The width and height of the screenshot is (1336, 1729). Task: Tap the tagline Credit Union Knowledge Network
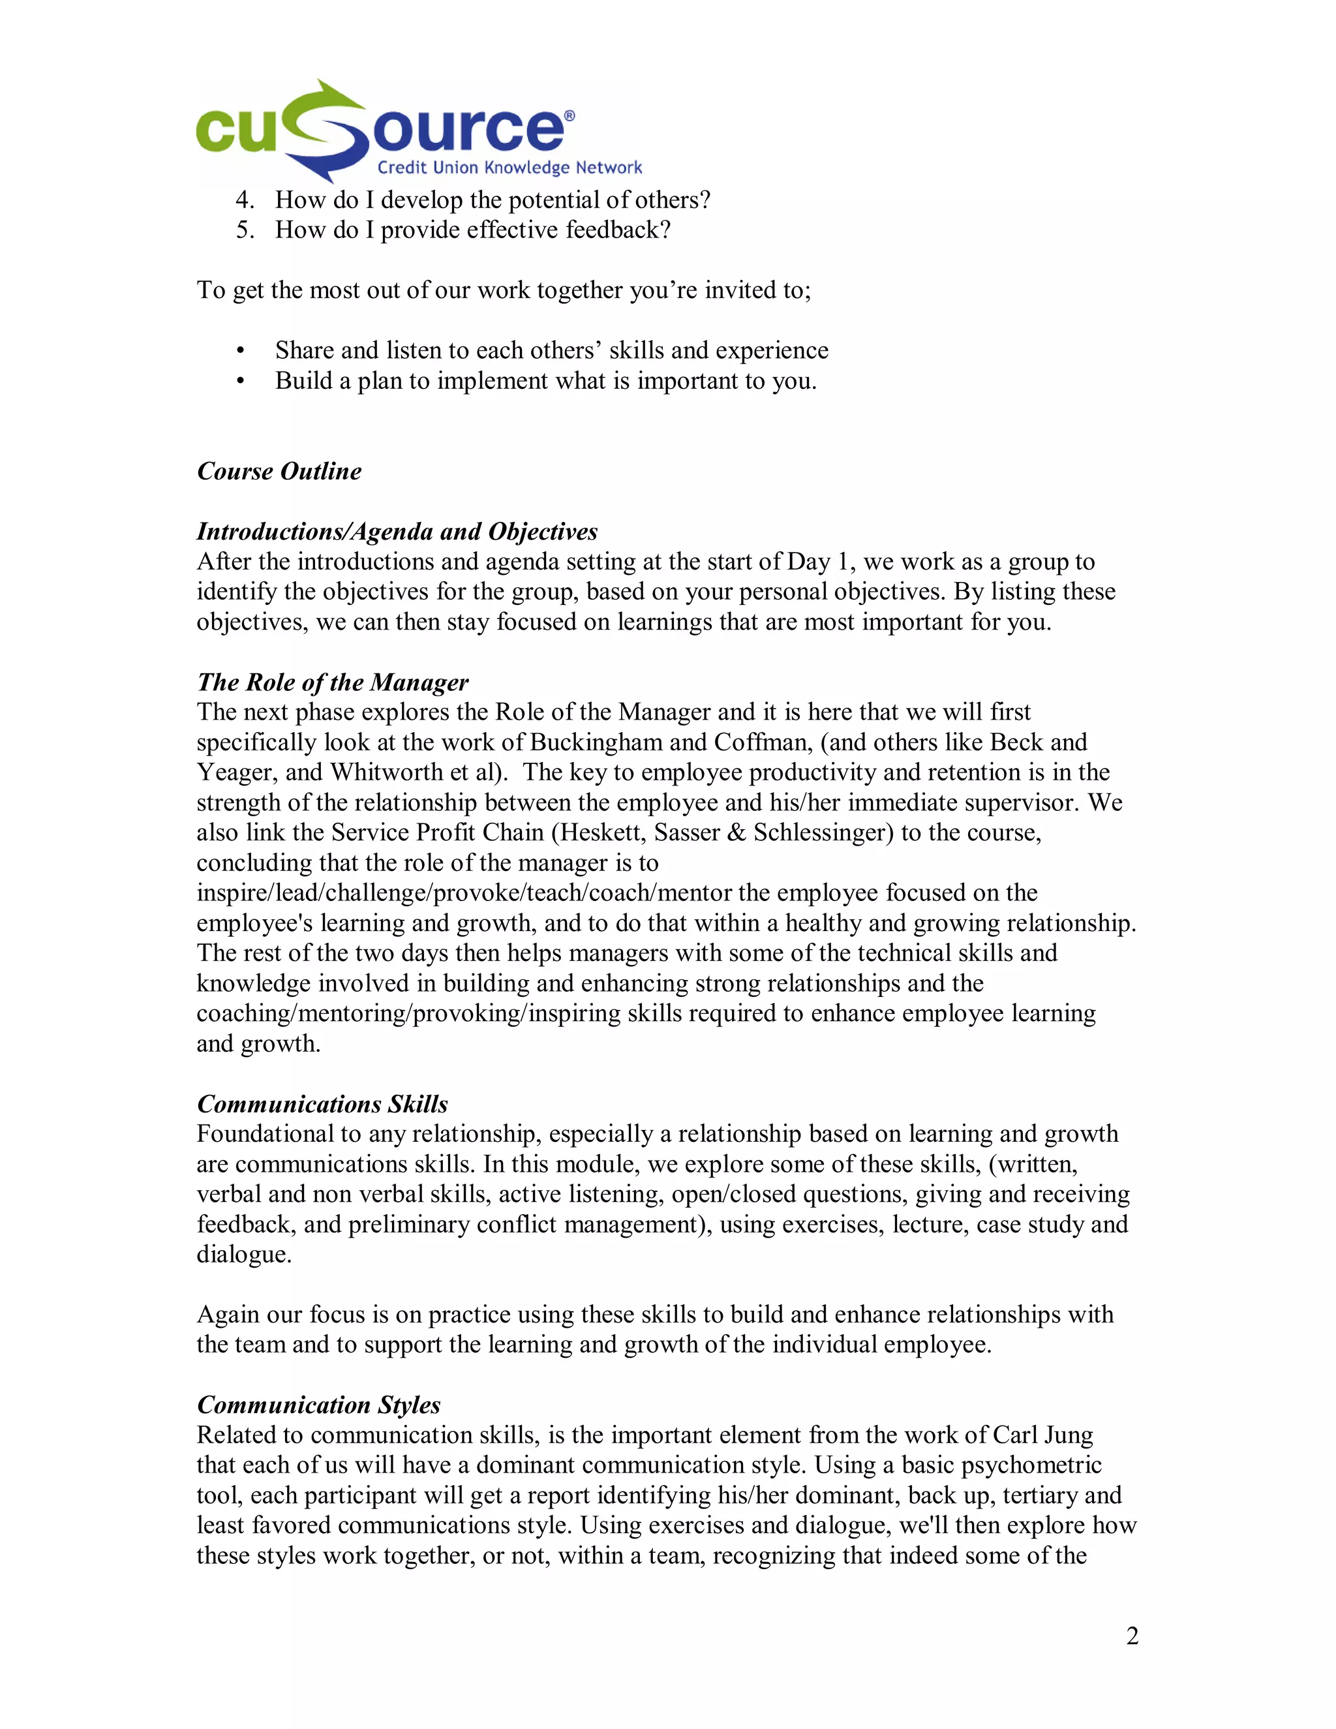point(509,168)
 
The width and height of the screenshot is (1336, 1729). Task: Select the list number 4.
point(245,200)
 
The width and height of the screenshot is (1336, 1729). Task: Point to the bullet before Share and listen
point(241,351)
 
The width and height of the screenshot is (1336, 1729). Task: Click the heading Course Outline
point(279,471)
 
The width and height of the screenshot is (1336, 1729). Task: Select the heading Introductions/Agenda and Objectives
point(397,531)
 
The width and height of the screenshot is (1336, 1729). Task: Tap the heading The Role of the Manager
point(333,682)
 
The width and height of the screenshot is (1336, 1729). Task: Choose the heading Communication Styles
point(318,1405)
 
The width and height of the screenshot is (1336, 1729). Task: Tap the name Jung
point(1069,1435)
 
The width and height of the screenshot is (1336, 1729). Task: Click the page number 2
point(1132,1636)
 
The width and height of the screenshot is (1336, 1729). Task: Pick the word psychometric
point(1031,1465)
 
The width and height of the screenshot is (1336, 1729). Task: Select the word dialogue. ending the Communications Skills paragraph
point(244,1254)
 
